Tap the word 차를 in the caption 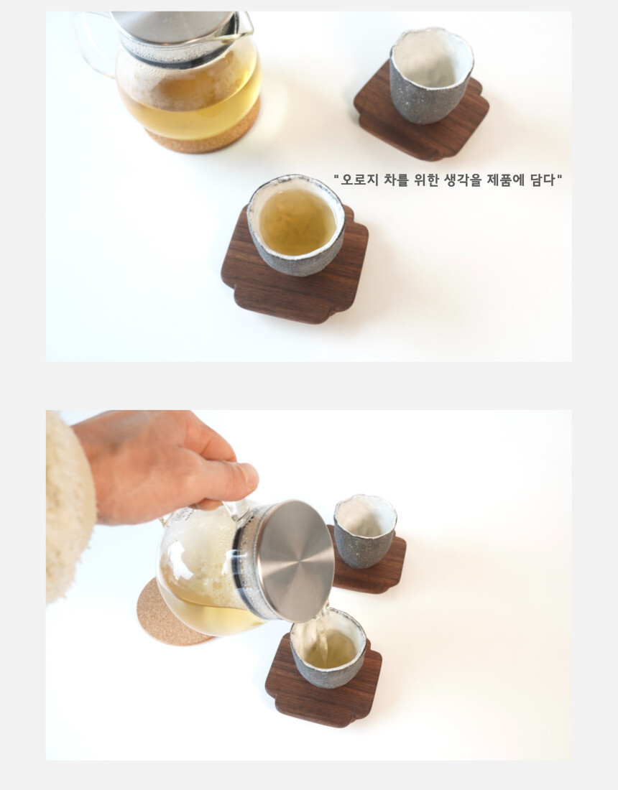pos(396,180)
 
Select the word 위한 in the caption pos(426,180)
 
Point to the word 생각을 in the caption pos(463,180)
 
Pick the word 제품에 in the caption pos(506,180)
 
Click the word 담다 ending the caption pos(543,180)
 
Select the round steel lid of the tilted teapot pos(296,561)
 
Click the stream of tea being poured pos(321,627)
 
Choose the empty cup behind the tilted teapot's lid pos(364,531)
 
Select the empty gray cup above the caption pos(431,75)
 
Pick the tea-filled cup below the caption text pos(296,225)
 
